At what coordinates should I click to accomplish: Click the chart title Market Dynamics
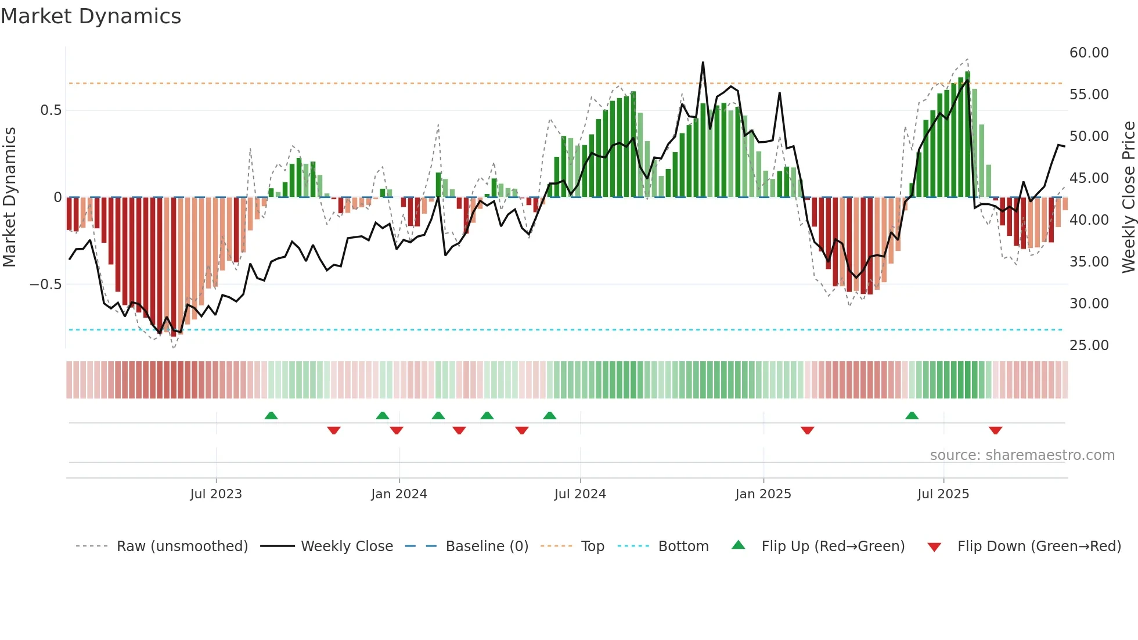91,16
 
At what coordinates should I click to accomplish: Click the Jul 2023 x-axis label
216,494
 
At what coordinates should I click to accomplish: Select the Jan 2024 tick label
399,494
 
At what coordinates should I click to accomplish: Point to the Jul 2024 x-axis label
580,494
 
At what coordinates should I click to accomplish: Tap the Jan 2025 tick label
763,494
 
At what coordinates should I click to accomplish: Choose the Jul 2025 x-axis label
943,494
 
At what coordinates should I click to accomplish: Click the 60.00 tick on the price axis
1089,53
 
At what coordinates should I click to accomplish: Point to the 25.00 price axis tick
1089,346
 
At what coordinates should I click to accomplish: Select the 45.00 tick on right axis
1089,178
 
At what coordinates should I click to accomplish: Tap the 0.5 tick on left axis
51,110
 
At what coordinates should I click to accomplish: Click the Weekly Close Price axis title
1128,197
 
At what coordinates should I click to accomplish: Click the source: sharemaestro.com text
1022,455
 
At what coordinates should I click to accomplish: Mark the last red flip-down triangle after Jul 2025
995,430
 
